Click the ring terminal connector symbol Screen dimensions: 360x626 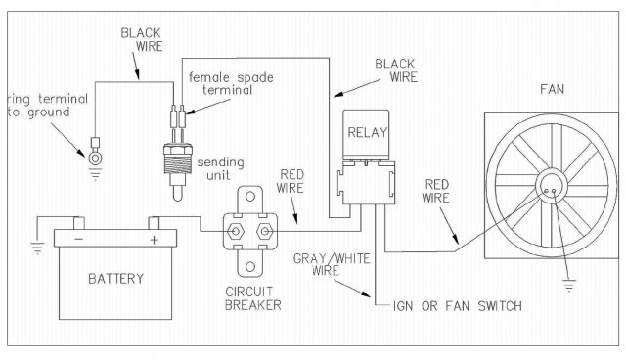94,155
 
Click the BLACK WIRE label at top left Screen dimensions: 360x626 141,40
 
